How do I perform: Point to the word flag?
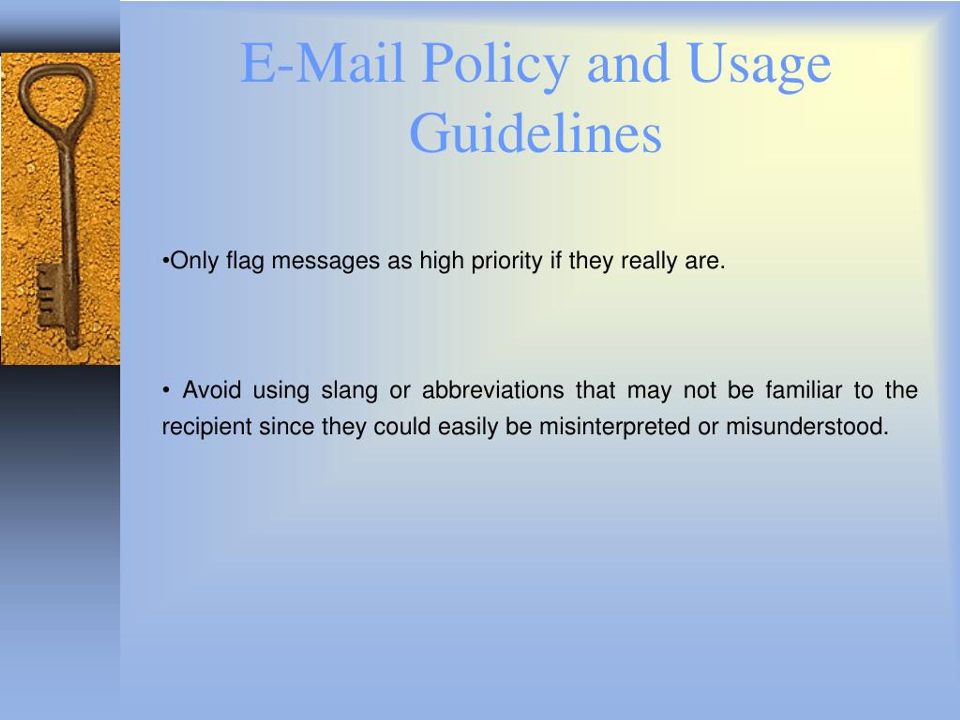click(x=245, y=262)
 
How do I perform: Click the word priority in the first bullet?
click(x=507, y=262)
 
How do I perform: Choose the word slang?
click(x=349, y=390)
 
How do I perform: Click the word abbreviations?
click(x=493, y=390)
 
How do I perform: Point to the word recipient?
click(x=207, y=427)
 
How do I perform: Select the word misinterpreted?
click(x=615, y=427)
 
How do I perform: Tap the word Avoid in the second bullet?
click(x=212, y=390)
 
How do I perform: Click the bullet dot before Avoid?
click(x=166, y=391)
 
